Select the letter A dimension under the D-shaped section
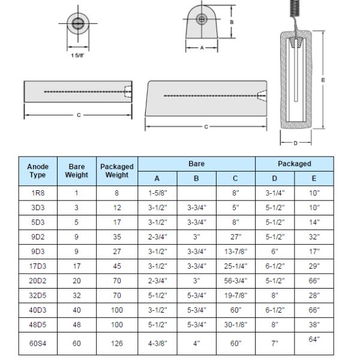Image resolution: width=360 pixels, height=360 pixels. coord(201,47)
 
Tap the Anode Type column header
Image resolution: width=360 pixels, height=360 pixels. coord(38,171)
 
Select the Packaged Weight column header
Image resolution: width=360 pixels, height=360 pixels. coord(116,171)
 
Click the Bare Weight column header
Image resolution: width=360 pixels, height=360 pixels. coord(76,171)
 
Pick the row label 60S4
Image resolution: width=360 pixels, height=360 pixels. coord(38,344)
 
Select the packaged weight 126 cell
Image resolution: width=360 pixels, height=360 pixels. coord(116,344)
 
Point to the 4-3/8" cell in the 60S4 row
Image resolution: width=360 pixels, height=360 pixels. coord(157,344)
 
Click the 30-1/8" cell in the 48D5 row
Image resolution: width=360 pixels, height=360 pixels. coord(235,325)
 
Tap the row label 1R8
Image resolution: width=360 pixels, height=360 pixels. coord(38,194)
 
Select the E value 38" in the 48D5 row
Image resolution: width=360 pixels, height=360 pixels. coord(314,325)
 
